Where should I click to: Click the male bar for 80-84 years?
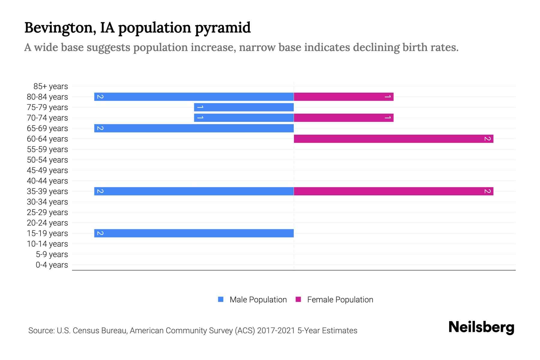point(194,97)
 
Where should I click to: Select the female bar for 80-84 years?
point(343,97)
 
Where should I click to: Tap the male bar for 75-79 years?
point(244,107)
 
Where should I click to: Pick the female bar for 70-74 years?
point(343,118)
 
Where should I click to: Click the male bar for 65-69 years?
point(194,128)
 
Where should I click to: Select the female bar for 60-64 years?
point(393,139)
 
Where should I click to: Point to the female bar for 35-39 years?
point(393,191)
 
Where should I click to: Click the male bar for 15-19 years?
point(194,233)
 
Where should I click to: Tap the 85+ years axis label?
point(51,86)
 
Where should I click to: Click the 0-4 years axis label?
point(52,265)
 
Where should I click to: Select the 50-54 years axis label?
point(47,160)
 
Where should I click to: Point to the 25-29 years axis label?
point(47,212)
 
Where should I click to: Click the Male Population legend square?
point(221,299)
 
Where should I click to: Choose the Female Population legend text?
point(340,300)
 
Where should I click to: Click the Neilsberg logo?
point(481,327)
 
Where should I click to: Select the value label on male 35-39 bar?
point(100,191)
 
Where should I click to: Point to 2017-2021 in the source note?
point(276,331)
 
